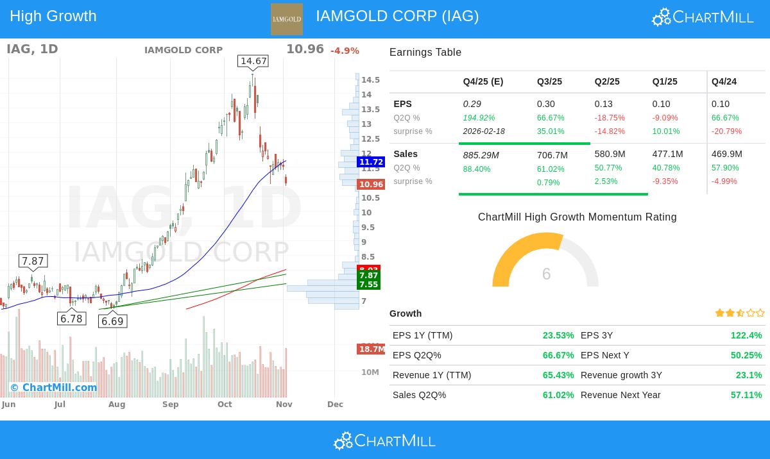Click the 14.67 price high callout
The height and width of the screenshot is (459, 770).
[x=252, y=62]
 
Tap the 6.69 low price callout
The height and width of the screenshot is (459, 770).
[x=112, y=321]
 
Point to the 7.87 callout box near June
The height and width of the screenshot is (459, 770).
[x=33, y=261]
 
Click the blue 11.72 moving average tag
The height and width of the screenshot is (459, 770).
[x=371, y=162]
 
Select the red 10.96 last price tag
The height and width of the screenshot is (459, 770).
[x=371, y=185]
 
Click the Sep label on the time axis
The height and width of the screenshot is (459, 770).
[x=170, y=405]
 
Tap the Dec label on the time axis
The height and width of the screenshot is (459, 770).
[x=335, y=405]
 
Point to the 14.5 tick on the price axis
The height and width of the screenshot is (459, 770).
[x=370, y=80]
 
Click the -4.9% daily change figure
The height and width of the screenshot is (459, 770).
[x=345, y=51]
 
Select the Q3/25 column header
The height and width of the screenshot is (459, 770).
[x=549, y=81]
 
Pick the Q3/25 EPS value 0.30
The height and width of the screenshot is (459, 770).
[x=546, y=104]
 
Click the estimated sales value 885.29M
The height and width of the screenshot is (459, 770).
[x=481, y=155]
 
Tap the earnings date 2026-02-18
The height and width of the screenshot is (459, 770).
[x=484, y=131]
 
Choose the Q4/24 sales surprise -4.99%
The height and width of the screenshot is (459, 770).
[x=724, y=181]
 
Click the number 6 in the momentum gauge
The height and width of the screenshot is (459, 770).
[x=546, y=274]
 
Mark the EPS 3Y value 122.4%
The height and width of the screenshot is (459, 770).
[x=746, y=335]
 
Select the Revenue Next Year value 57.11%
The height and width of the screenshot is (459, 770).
[x=746, y=395]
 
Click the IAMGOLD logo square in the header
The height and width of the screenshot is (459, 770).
[x=286, y=19]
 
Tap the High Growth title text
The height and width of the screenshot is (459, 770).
[x=53, y=16]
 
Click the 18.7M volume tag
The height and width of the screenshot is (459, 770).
[x=372, y=349]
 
